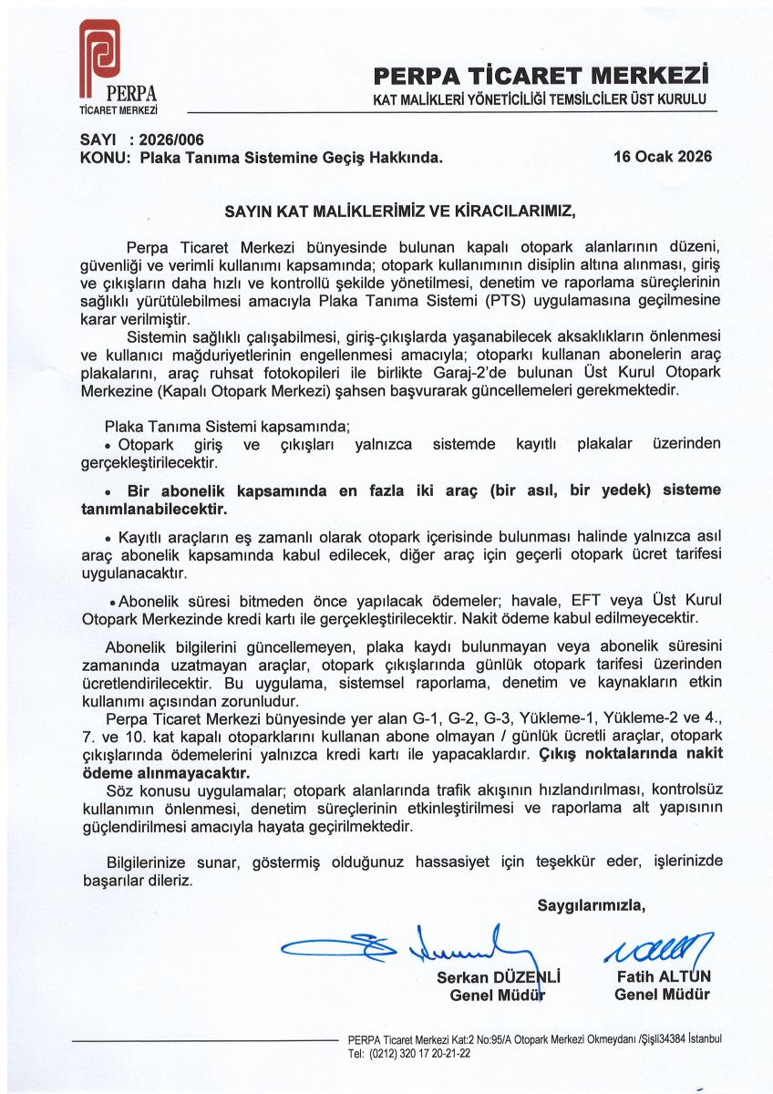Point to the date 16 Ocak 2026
coord(663,156)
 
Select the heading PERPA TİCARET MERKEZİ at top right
coord(541,75)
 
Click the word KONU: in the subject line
coord(91,157)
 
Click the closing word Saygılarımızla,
coord(591,905)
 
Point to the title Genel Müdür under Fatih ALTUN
coord(662,994)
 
